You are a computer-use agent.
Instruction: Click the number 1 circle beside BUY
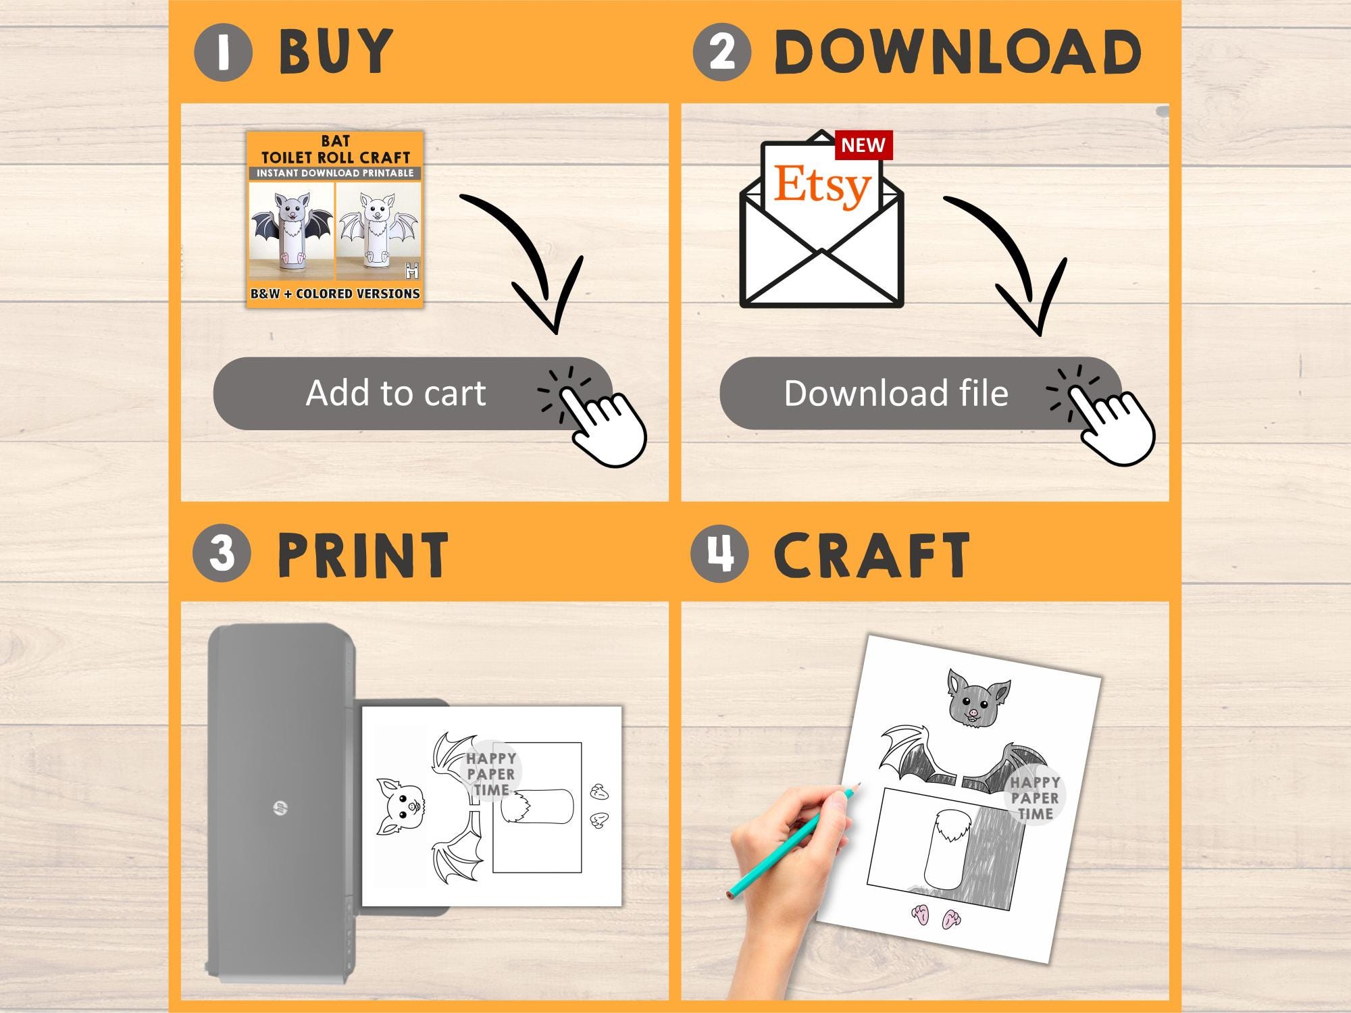[223, 52]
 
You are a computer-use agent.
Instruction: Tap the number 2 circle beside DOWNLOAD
[721, 52]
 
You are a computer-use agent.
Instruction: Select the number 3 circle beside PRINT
[222, 553]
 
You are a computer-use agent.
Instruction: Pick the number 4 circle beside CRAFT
[719, 553]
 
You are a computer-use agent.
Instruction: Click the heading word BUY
[336, 52]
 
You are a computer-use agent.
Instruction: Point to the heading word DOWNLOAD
[958, 52]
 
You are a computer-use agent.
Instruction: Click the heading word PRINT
[363, 554]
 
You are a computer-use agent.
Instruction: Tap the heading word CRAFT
[872, 554]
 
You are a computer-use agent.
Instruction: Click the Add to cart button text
[396, 393]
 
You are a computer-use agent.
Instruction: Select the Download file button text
[896, 393]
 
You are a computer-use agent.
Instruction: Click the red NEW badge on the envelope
[863, 145]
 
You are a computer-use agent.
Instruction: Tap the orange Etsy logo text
[822, 184]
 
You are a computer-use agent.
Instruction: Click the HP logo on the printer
[278, 807]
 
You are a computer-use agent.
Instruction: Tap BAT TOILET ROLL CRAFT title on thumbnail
[336, 149]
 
